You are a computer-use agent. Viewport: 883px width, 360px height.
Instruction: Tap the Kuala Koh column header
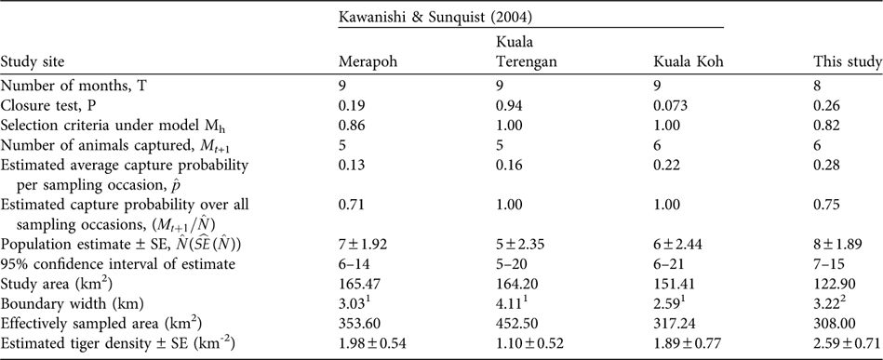[x=687, y=63]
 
